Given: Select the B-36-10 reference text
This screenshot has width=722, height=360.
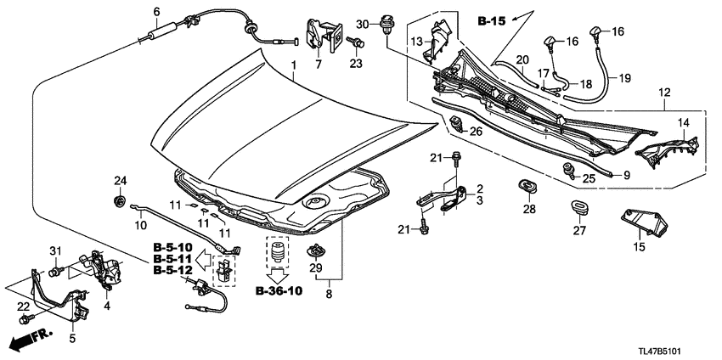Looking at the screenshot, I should (278, 291).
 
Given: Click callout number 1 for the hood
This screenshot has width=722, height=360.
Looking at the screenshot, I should (294, 66).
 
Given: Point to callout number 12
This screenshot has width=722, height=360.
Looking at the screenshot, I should (665, 92).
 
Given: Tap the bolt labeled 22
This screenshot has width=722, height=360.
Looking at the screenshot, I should (25, 320).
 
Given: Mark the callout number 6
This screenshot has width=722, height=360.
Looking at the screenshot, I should (155, 11).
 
